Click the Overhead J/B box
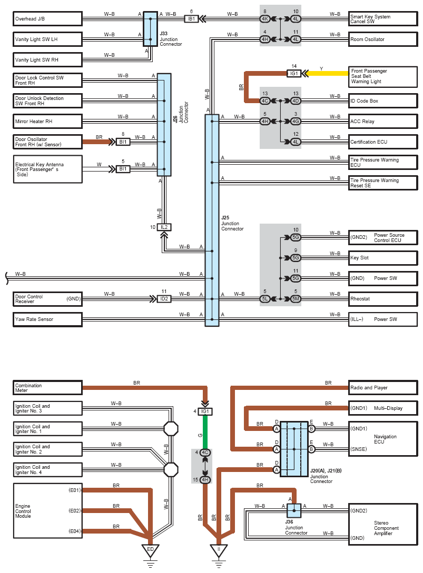point(47,19)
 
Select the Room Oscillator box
point(383,39)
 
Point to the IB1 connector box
point(191,19)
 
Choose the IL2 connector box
point(164,227)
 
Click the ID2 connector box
point(164,299)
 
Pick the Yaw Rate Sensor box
point(47,319)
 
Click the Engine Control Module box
point(47,511)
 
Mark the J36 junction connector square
point(293,511)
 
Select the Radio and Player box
point(383,388)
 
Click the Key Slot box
point(383,258)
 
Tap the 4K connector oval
point(265,19)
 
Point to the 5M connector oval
point(296,299)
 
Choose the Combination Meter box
point(47,388)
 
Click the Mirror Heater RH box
point(47,122)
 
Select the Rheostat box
point(383,299)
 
